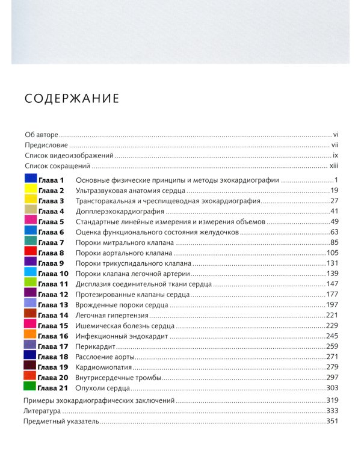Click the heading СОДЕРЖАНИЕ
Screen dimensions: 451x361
[72, 99]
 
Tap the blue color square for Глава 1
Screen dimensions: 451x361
[30, 179]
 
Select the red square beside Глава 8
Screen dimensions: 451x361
[30, 252]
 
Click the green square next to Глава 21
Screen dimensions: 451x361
[30, 387]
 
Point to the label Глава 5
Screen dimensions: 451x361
[51, 222]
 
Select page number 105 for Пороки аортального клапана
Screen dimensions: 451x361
[333, 253]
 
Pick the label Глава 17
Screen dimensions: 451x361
[53, 346]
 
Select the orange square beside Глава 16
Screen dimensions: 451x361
[30, 335]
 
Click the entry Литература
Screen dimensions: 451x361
[42, 411]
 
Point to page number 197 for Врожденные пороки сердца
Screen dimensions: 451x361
[333, 305]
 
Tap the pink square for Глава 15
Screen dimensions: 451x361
[30, 325]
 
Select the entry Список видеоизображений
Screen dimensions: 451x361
[69, 156]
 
